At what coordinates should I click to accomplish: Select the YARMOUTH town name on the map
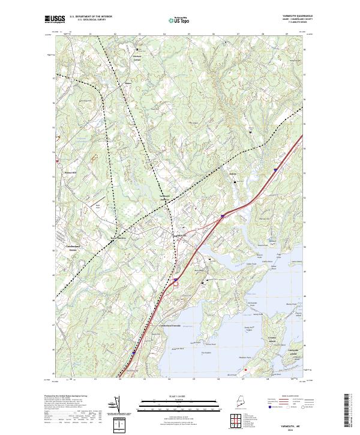[x=180, y=237]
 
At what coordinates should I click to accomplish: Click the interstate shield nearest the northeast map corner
[x=275, y=170]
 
